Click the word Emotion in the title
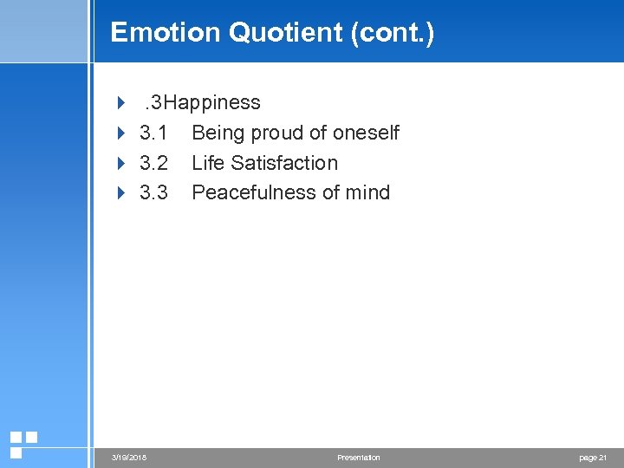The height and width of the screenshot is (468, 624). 166,33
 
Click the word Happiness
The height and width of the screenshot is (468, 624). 212,103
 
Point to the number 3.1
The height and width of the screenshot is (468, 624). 153,133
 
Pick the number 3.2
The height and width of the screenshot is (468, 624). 153,163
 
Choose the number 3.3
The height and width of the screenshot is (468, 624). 153,192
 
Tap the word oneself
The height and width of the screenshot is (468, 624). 365,133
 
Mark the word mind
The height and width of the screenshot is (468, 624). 368,192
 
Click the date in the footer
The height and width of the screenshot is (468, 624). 129,458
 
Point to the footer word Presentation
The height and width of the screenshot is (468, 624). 358,458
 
